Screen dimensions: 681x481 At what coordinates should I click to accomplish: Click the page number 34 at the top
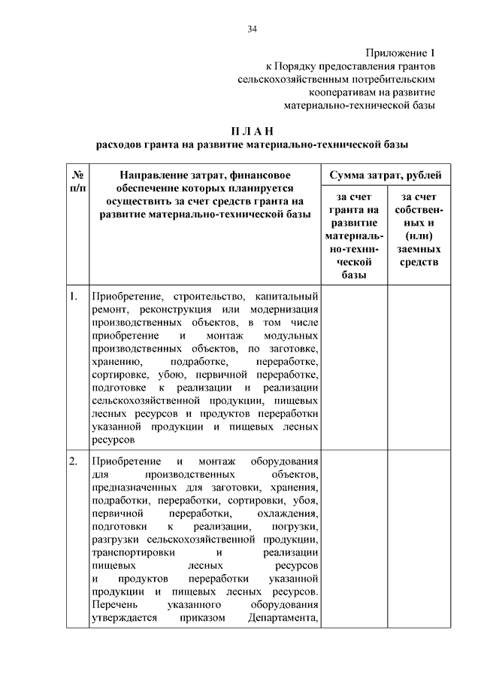click(x=252, y=29)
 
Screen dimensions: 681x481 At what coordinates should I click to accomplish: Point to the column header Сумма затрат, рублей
click(x=386, y=175)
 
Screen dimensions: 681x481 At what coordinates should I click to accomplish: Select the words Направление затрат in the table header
click(x=161, y=175)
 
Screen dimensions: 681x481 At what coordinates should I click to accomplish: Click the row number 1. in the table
click(x=73, y=296)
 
